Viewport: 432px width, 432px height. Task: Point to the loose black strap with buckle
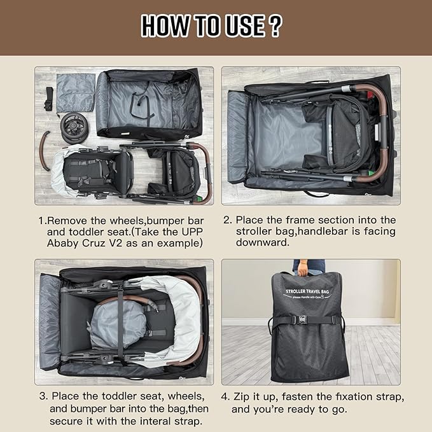(48, 101)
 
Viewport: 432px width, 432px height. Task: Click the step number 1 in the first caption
(41, 221)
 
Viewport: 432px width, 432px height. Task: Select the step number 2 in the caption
(228, 221)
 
